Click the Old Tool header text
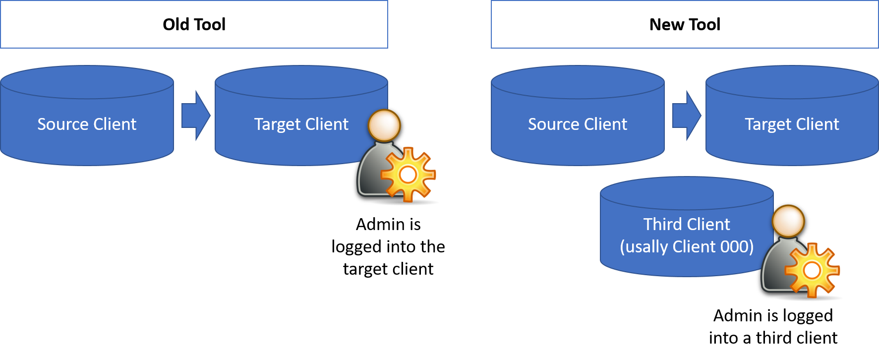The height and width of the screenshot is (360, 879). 194,24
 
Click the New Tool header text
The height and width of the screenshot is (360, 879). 685,24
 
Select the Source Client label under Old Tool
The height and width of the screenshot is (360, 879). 87,124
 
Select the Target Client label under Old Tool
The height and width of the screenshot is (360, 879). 301,124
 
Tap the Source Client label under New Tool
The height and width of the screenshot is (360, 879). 578,124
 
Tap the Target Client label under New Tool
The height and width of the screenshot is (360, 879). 792,124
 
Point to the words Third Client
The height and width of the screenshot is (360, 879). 687,224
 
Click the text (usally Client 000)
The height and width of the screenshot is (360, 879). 687,246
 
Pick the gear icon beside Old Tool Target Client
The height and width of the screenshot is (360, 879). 408,174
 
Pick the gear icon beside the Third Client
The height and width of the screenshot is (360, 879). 812,270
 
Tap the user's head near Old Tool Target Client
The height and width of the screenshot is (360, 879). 384,125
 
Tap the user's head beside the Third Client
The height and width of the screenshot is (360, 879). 788,221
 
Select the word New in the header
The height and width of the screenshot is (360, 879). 667,24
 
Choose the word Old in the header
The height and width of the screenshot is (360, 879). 176,24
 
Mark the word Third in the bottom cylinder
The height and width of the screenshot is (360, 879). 662,224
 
